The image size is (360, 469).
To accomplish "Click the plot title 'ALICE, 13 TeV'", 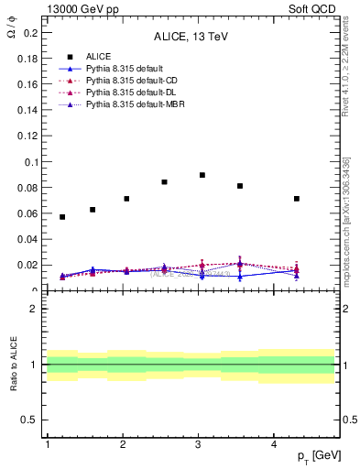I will (191, 38).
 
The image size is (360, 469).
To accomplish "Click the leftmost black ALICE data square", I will (62, 217).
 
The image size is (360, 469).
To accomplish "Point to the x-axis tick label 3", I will (198, 444).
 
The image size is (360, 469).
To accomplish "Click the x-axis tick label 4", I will (274, 444).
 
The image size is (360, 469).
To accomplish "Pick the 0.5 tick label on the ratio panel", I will (29, 420).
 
